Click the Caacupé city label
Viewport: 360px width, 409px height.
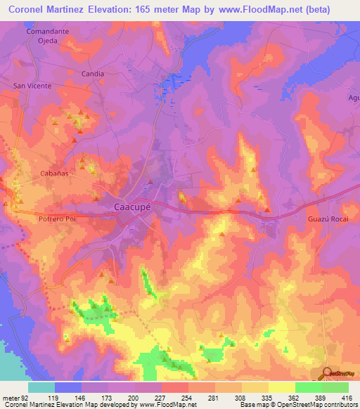pyautogui.click(x=134, y=207)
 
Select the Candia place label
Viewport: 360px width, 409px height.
pyautogui.click(x=93, y=73)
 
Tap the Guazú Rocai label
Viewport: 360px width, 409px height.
pyautogui.click(x=328, y=219)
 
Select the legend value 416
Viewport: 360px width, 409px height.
pyautogui.click(x=347, y=398)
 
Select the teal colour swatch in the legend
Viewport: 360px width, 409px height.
pyautogui.click(x=41, y=387)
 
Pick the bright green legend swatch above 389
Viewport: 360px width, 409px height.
pyautogui.click(x=308, y=387)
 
